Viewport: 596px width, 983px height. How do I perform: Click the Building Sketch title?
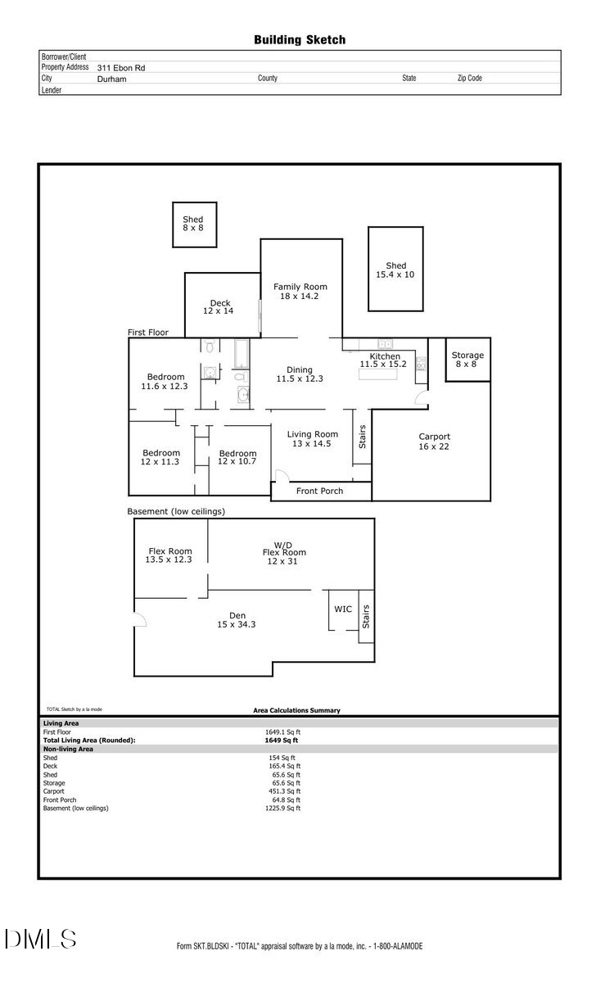coord(299,39)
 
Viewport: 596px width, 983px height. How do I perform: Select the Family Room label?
coord(300,291)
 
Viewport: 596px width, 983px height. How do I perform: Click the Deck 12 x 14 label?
coord(219,307)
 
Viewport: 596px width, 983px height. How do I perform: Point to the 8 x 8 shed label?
coord(193,224)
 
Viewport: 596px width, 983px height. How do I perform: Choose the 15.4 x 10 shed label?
coord(395,270)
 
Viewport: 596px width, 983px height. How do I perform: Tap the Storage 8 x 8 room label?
coord(467,360)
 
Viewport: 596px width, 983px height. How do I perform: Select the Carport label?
coord(434,442)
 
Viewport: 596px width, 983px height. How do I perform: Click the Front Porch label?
coord(320,491)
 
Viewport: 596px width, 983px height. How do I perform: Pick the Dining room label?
coord(299,374)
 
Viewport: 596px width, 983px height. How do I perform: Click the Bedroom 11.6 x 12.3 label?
coord(165,381)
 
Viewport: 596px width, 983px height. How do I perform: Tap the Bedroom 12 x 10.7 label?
coord(237,457)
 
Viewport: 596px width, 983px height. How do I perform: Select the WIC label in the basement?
coord(343,609)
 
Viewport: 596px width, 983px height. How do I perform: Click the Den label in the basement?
coord(237,620)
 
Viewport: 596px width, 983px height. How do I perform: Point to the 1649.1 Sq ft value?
coord(282,732)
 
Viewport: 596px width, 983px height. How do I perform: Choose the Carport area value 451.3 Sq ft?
coord(284,791)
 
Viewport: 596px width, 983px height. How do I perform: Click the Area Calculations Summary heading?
coord(296,710)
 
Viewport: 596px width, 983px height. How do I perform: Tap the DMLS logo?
coord(40,939)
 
